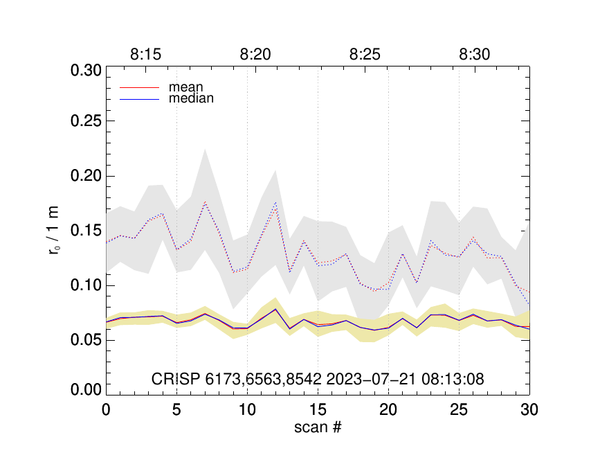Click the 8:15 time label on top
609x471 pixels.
(x=145, y=55)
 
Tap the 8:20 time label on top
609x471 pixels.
(x=255, y=55)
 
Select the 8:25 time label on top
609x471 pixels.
(x=365, y=55)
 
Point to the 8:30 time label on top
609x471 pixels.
(x=475, y=55)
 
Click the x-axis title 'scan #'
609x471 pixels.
(x=318, y=427)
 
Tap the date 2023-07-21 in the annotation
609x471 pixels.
(x=390, y=379)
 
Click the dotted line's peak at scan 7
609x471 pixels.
(x=205, y=202)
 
